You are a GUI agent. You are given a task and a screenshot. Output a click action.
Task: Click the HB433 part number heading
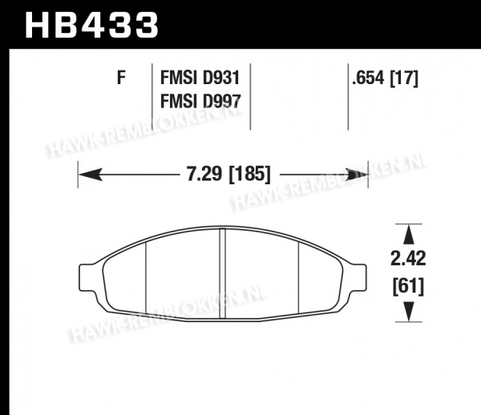click(91, 25)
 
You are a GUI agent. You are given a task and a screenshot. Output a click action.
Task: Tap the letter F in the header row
click(122, 78)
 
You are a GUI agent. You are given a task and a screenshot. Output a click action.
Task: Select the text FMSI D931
click(200, 78)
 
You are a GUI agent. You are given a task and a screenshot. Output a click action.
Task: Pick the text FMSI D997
click(200, 101)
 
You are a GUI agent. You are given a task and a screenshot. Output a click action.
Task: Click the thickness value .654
click(368, 78)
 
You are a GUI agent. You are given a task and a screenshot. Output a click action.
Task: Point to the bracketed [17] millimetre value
click(404, 78)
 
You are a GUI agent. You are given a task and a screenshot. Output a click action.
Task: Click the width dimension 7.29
click(204, 174)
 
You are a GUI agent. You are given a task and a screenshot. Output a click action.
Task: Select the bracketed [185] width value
click(249, 175)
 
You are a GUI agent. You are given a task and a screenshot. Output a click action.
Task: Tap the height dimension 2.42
click(408, 258)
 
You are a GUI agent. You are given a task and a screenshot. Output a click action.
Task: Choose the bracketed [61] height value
click(408, 287)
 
